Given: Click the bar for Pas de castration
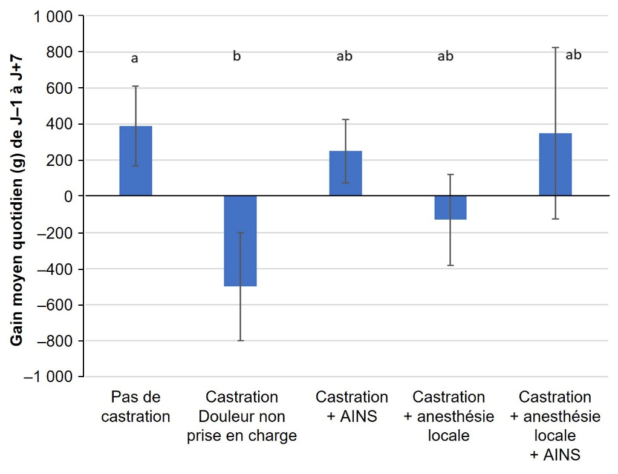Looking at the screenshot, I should (x=135, y=161).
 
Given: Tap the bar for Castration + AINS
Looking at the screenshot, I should (x=345, y=173).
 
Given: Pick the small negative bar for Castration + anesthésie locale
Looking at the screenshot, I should (x=450, y=208).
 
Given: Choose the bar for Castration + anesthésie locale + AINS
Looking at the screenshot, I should (x=555, y=165).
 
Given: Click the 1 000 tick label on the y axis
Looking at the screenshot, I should (x=54, y=16).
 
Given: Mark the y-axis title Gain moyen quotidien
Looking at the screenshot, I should (x=17, y=197).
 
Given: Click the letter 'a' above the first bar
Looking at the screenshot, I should (x=135, y=59).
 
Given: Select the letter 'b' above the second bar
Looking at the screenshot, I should (x=237, y=56).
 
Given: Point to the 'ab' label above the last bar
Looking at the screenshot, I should (x=573, y=55).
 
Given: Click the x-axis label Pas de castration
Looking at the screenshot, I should (x=135, y=407).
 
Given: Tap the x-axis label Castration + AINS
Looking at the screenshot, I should (x=351, y=407).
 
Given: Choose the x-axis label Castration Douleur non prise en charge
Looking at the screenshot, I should (x=242, y=416).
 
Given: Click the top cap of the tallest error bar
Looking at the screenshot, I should (x=555, y=47).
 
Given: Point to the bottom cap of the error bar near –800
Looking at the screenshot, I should (x=241, y=341).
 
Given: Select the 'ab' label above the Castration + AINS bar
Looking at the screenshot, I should (x=344, y=56).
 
